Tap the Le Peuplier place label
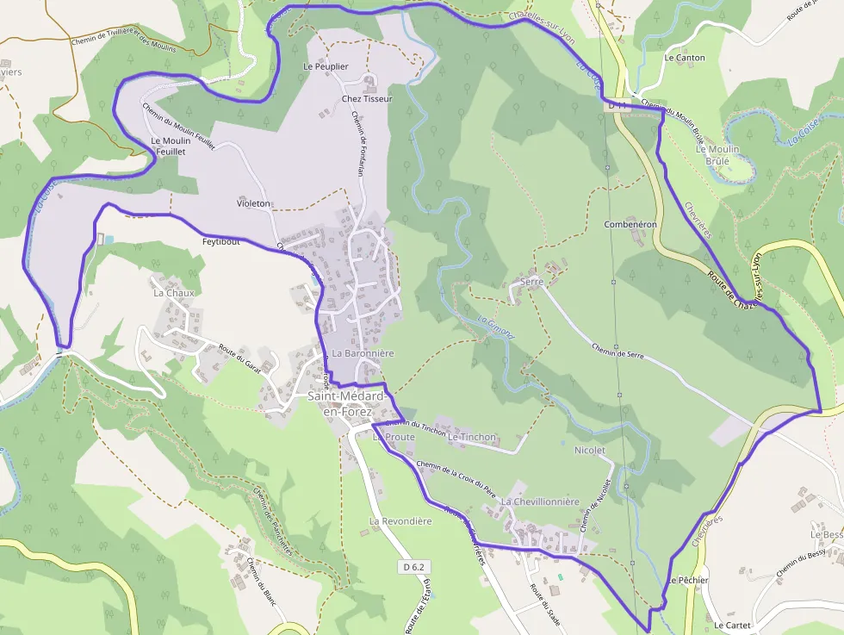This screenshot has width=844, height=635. click(x=326, y=66)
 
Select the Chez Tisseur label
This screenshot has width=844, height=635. click(x=367, y=99)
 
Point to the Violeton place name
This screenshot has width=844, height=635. click(x=253, y=204)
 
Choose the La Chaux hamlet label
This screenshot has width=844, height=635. click(x=174, y=293)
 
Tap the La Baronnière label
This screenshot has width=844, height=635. click(x=363, y=353)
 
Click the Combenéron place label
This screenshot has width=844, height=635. click(x=630, y=224)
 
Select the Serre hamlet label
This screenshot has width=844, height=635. click(x=531, y=282)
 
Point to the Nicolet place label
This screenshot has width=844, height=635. click(x=589, y=450)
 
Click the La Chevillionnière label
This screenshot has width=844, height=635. click(x=540, y=501)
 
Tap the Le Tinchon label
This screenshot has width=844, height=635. click(x=472, y=437)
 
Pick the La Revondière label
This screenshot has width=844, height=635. click(x=400, y=521)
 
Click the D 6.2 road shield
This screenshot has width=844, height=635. click(x=414, y=567)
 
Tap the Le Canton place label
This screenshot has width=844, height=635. click(x=685, y=58)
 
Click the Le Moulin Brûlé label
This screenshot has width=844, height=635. click(x=717, y=154)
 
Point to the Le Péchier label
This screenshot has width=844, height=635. click(x=687, y=580)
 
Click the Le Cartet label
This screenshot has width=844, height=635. click(x=732, y=625)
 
